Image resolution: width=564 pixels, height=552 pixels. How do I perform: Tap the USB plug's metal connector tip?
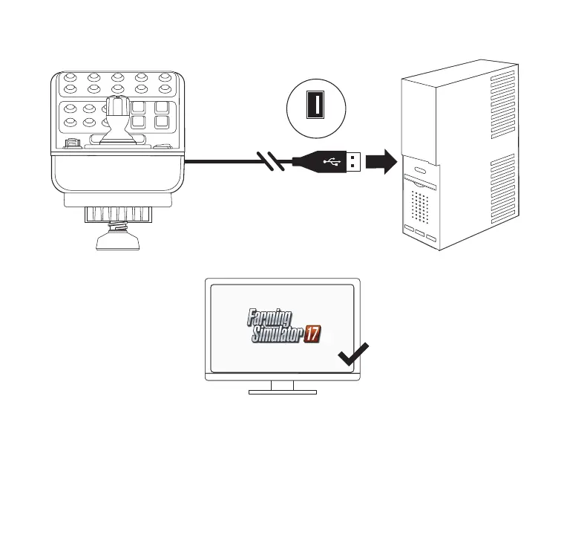[x=353, y=161]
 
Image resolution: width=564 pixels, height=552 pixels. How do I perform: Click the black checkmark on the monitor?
[x=354, y=356]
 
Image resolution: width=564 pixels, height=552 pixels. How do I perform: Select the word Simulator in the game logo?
[x=276, y=335]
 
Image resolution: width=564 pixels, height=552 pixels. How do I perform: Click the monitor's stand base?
[x=282, y=391]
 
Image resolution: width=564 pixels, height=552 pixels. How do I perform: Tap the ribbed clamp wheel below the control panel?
[x=118, y=215]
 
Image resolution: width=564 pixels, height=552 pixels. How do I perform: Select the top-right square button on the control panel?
[x=163, y=105]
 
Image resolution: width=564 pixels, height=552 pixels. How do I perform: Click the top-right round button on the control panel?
[x=165, y=77]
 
